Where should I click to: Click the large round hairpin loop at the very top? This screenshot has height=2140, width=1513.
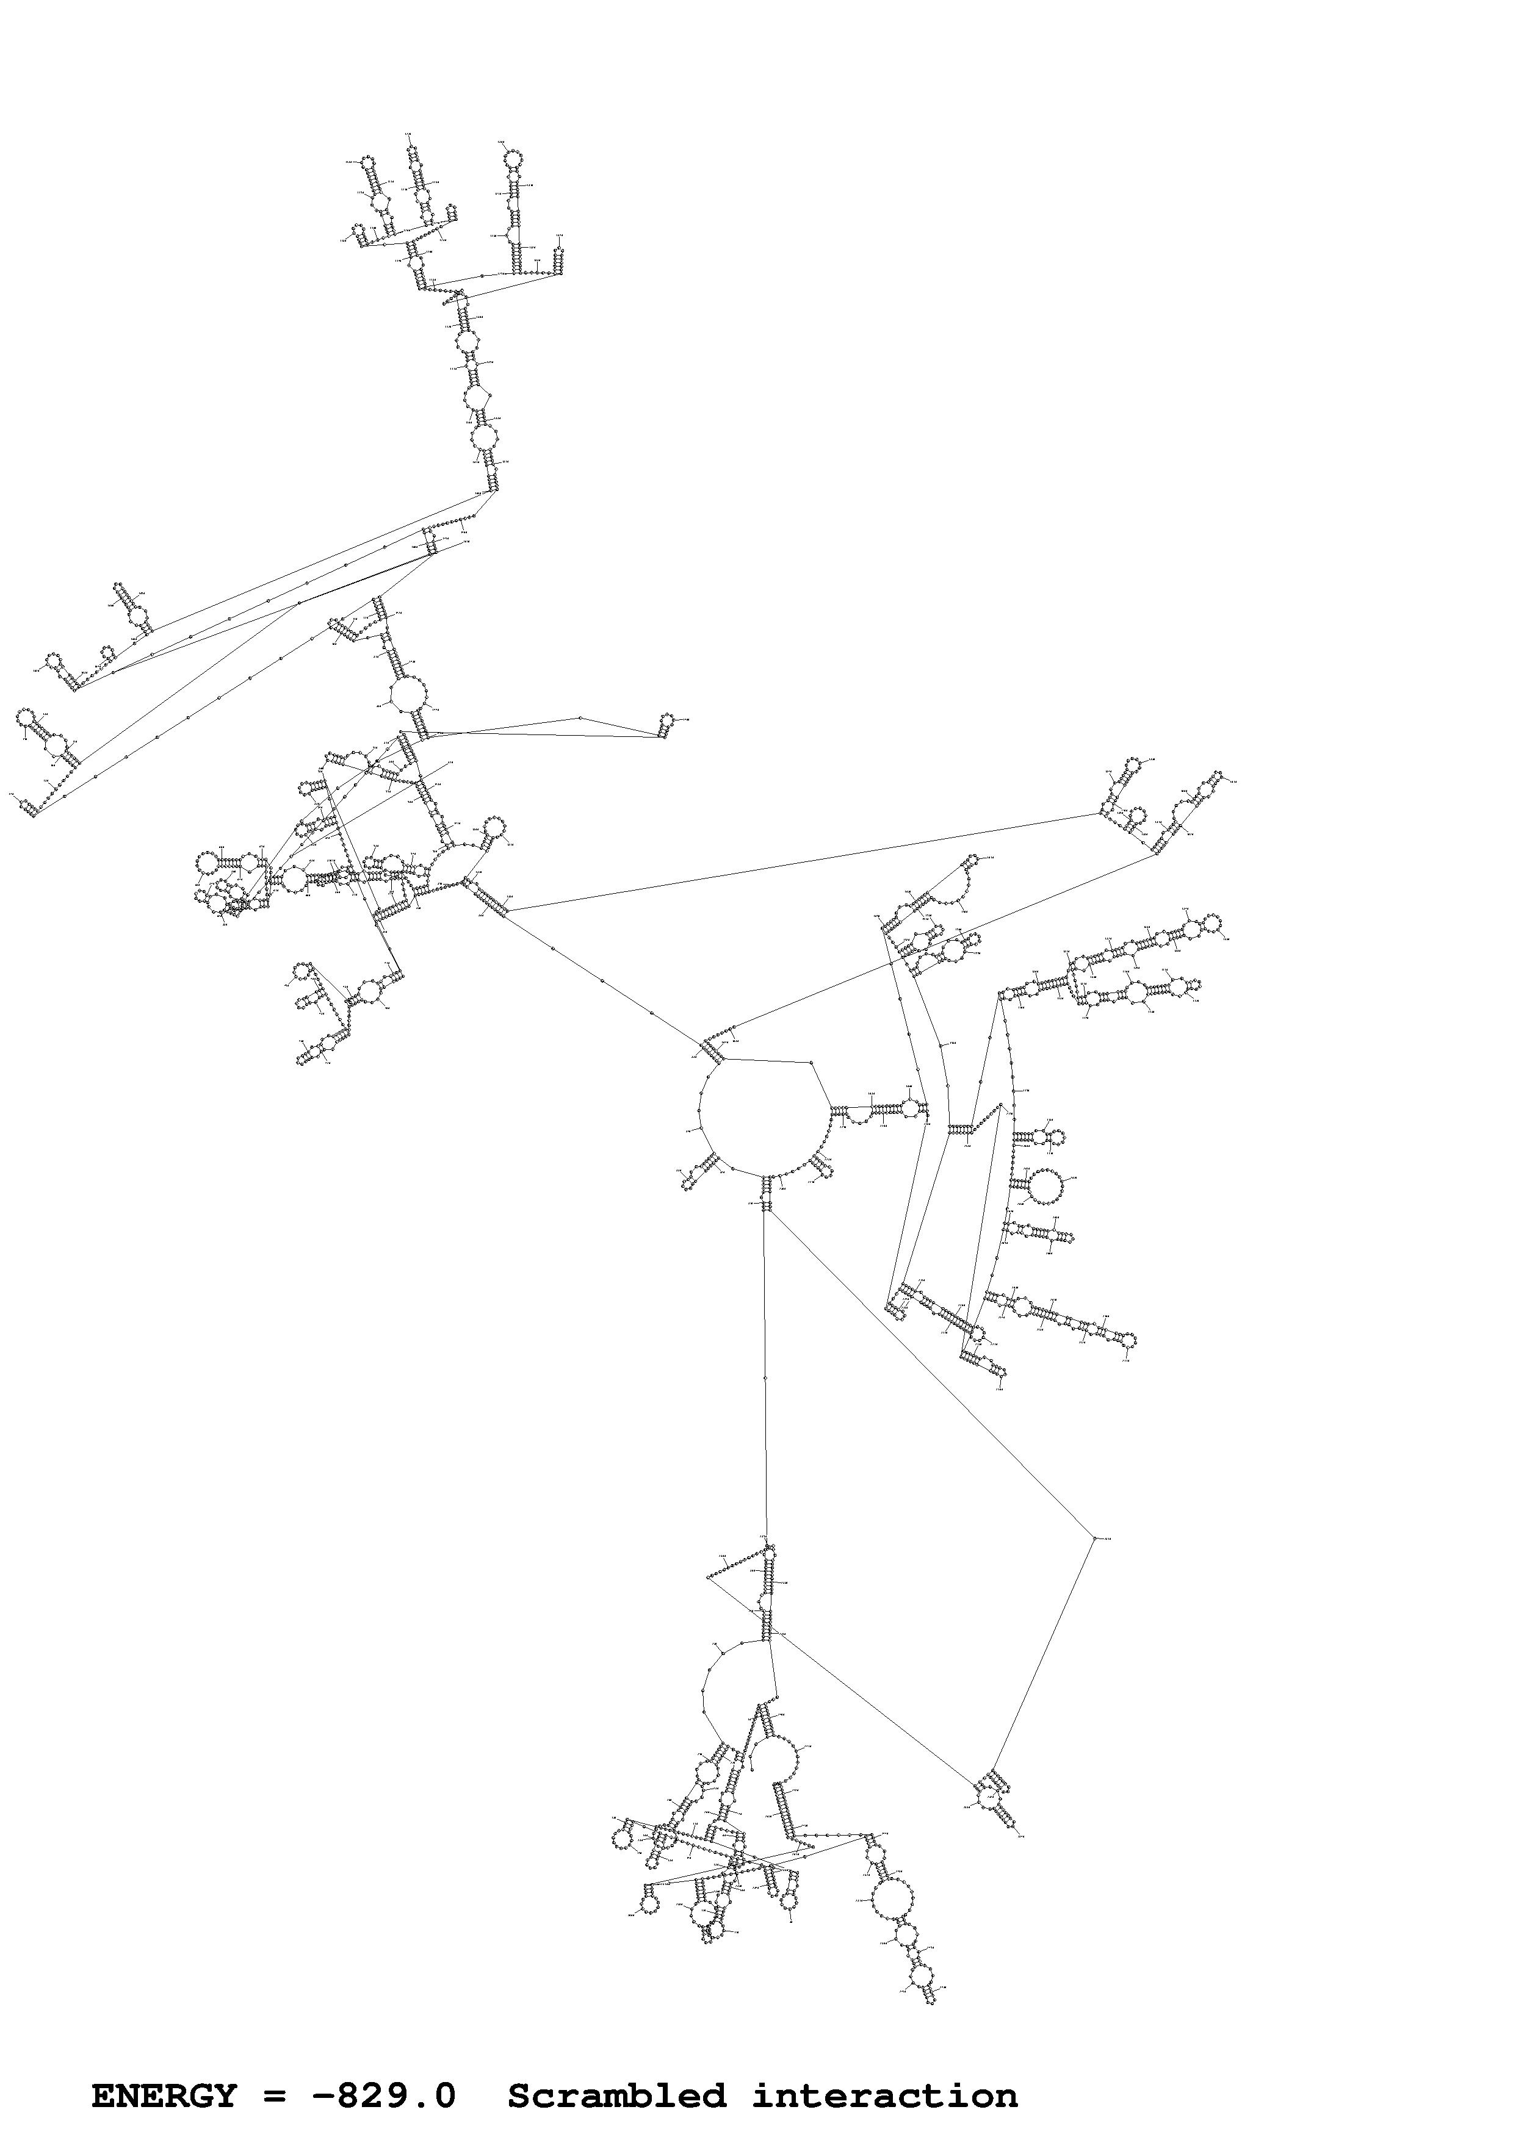511,159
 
